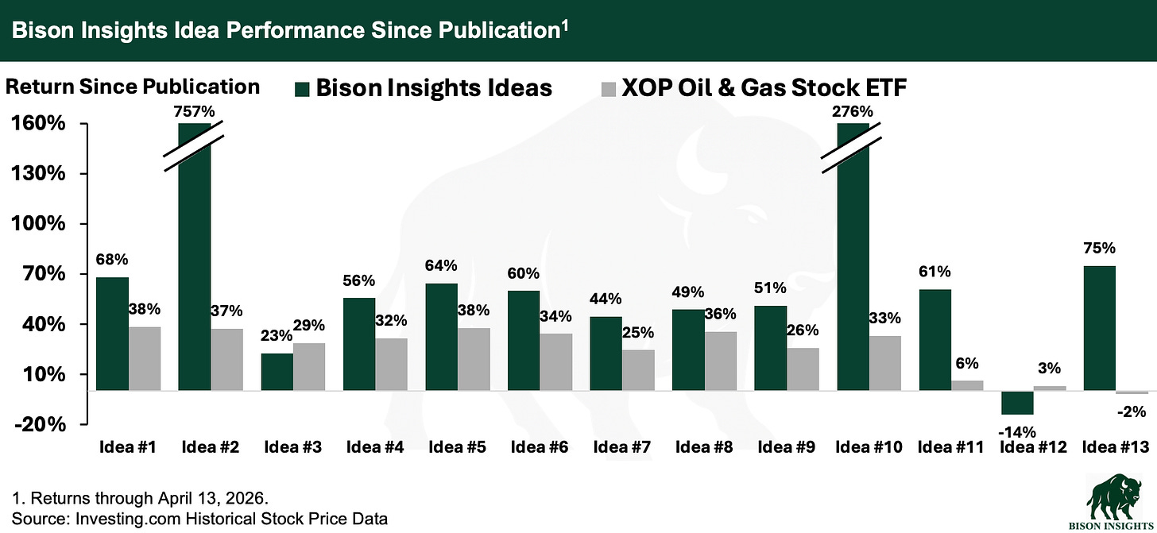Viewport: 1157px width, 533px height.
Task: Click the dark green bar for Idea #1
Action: point(112,334)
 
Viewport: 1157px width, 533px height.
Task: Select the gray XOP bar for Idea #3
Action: point(309,367)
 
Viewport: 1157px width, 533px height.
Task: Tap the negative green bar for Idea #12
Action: point(1016,403)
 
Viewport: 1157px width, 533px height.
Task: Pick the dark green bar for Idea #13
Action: point(1099,328)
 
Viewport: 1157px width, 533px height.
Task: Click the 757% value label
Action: point(195,111)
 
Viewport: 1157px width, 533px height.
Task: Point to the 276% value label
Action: point(853,111)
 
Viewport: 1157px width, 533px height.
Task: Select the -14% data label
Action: point(1016,432)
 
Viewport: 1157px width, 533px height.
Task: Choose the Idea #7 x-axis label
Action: point(622,447)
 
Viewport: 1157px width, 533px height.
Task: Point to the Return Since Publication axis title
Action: point(133,86)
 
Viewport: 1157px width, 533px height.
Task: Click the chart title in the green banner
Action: point(287,30)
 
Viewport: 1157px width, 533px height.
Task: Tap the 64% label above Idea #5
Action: point(442,265)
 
